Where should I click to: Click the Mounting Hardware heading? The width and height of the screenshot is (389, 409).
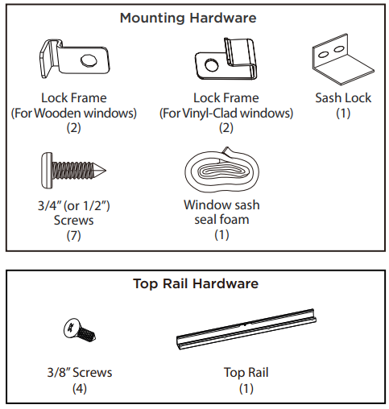coord(188,19)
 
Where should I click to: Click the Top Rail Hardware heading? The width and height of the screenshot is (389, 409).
coord(196,283)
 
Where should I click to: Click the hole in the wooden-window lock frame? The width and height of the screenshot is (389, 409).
coord(89,60)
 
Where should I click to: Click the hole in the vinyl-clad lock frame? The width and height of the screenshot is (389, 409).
coord(211,64)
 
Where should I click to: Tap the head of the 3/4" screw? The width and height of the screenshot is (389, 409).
coord(47,171)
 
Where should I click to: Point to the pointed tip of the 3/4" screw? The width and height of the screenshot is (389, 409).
coord(106,170)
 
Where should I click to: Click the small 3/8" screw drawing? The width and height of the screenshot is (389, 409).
coord(79,331)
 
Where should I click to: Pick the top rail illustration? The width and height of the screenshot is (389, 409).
coord(246,329)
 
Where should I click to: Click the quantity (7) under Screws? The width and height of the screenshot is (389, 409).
coord(73,236)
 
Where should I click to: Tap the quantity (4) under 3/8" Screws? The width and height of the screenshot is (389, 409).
coord(80,389)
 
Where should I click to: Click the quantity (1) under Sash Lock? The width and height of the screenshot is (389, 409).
coord(343,113)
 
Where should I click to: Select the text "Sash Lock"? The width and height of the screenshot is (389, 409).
coord(343,97)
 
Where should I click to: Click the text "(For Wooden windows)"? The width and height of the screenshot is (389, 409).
coord(73,113)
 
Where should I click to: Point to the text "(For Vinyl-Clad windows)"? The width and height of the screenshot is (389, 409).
coord(226,113)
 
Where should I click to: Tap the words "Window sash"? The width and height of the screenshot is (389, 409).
coord(221,205)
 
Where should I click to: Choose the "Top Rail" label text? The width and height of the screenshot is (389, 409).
coord(246,373)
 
